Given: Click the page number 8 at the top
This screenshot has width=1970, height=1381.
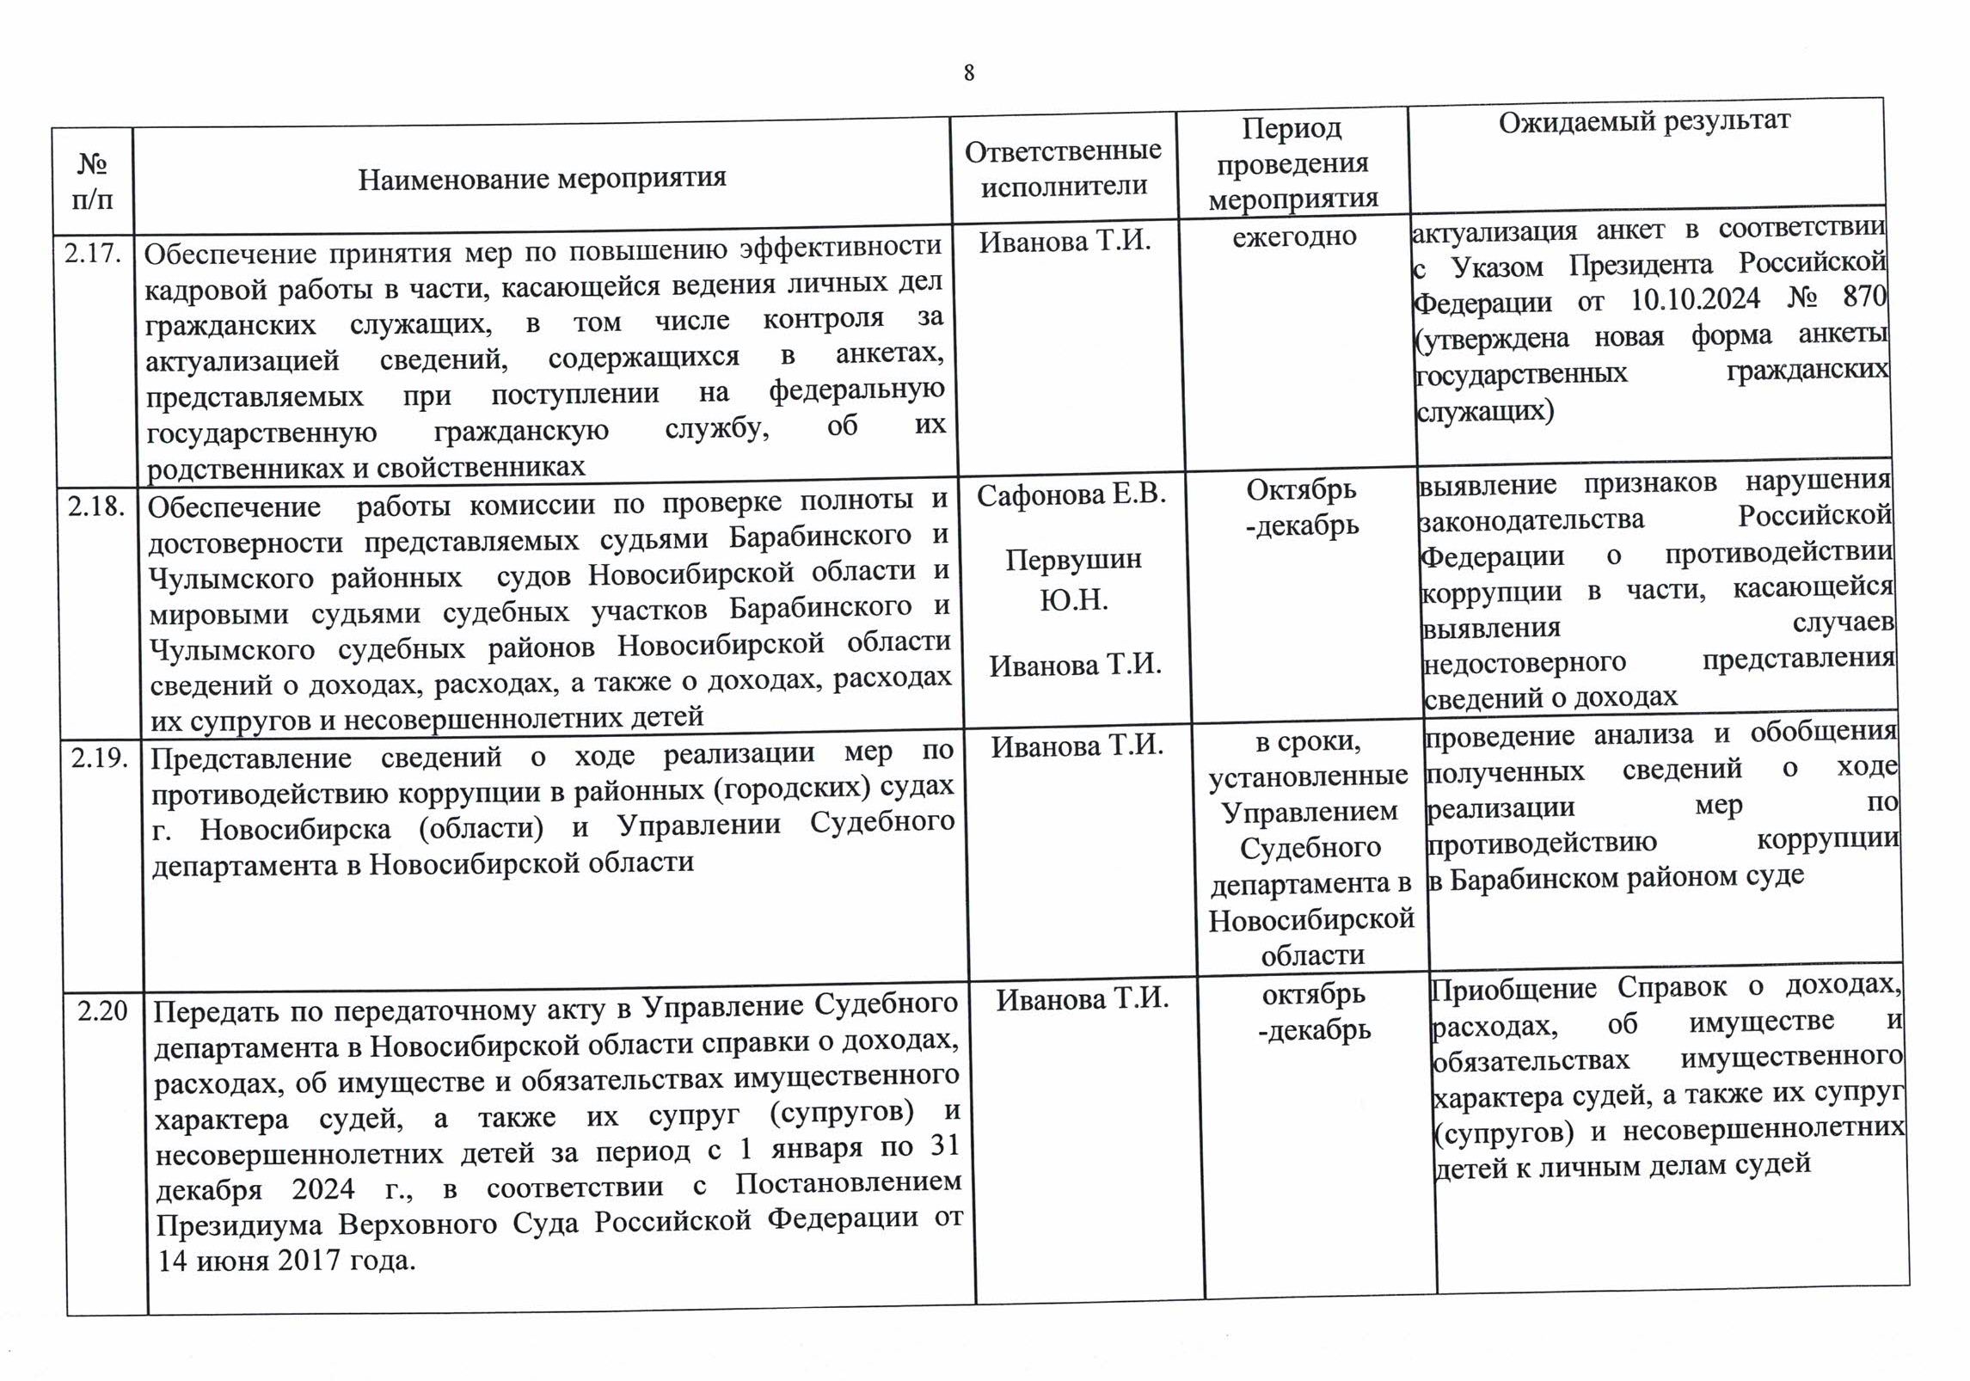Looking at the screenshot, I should click(969, 74).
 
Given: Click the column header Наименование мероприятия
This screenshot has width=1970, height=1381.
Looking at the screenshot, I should click(542, 178).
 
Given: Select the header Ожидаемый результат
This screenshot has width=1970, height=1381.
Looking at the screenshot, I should click(1644, 120).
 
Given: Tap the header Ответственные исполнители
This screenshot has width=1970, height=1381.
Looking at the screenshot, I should click(1063, 168).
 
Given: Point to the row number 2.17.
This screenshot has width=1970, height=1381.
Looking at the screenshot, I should click(92, 254).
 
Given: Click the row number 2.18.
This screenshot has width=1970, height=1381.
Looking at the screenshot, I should click(96, 506).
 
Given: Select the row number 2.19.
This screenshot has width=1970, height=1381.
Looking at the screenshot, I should click(100, 758).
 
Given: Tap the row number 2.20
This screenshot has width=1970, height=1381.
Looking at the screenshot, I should click(102, 1010).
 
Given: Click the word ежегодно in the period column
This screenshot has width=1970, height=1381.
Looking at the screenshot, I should click(1294, 236).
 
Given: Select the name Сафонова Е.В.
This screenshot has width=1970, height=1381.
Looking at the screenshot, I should click(1071, 494).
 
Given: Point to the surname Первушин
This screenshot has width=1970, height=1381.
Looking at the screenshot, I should click(1073, 560).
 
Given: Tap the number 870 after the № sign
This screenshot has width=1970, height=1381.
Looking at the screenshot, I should click(1863, 297).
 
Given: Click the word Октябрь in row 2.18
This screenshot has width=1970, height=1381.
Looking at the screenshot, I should click(1301, 489).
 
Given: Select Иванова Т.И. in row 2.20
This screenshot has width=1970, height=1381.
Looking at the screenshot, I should click(1083, 999).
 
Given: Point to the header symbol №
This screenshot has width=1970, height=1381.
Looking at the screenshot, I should click(92, 163).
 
